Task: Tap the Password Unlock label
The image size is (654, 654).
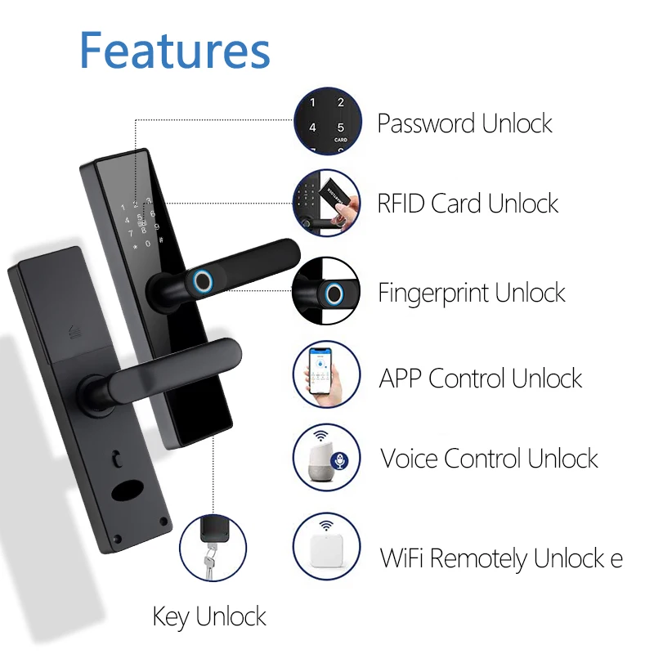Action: tap(464, 124)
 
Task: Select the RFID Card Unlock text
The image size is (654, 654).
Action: tap(468, 204)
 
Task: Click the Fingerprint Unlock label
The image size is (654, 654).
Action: tap(472, 292)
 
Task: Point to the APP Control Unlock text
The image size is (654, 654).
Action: tap(480, 379)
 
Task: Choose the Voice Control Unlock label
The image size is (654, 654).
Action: tap(489, 458)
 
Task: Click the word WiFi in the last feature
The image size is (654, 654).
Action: tap(403, 559)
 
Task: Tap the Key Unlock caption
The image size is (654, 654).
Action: tap(209, 616)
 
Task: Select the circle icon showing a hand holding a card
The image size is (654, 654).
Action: tap(326, 202)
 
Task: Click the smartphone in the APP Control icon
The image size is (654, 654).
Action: tap(320, 377)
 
